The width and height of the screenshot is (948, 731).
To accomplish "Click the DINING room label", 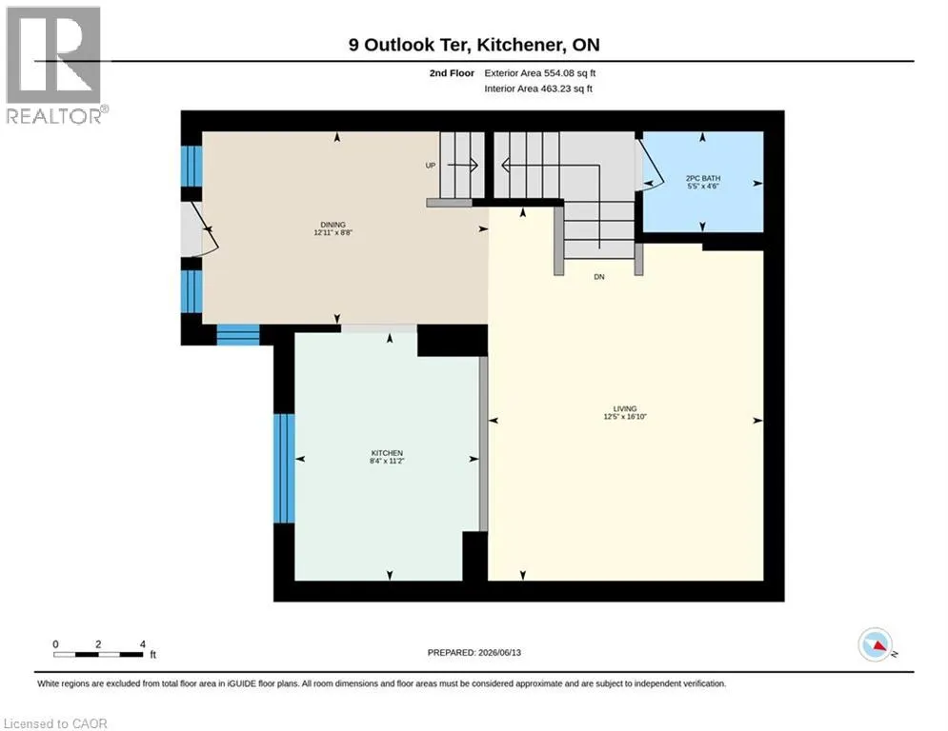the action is pyautogui.click(x=333, y=225).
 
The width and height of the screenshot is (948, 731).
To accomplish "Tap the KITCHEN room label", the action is pyautogui.click(x=387, y=453).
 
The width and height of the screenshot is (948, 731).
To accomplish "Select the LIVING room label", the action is pyautogui.click(x=625, y=409).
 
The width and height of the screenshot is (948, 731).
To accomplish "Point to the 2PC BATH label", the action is pyautogui.click(x=703, y=178).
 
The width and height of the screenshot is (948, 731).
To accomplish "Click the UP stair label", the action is pyautogui.click(x=431, y=166).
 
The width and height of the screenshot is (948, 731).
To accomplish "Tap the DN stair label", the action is pyautogui.click(x=599, y=277).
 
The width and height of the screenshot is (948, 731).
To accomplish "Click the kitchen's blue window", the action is pyautogui.click(x=284, y=468).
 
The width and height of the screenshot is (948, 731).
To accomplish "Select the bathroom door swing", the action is pyautogui.click(x=651, y=164).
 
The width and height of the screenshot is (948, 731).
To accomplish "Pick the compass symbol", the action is pyautogui.click(x=876, y=644).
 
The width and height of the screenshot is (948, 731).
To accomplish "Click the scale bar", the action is pyautogui.click(x=98, y=654).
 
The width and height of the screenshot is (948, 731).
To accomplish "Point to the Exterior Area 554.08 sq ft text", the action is pyautogui.click(x=540, y=73).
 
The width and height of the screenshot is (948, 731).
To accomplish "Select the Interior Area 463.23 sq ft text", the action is pyautogui.click(x=538, y=89).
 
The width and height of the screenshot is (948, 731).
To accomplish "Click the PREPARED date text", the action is pyautogui.click(x=474, y=652).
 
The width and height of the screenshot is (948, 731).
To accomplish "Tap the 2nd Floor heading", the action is pyautogui.click(x=452, y=73).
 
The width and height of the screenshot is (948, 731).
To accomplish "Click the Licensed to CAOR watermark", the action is pyautogui.click(x=55, y=723).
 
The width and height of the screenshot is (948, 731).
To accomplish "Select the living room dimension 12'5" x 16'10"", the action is pyautogui.click(x=625, y=417).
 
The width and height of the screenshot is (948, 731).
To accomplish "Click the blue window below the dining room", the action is pyautogui.click(x=238, y=335).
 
